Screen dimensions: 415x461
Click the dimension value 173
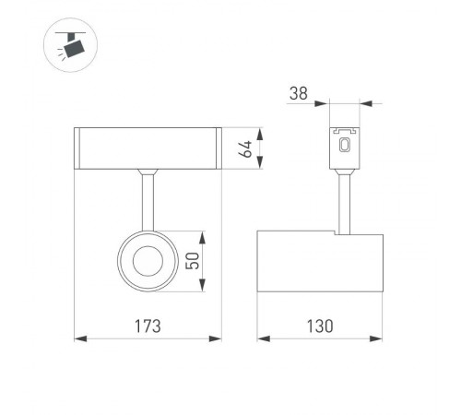[148, 326]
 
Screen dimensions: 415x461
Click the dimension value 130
[320, 326]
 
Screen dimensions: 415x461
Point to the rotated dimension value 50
[192, 261]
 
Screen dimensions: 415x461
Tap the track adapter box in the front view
[148, 147]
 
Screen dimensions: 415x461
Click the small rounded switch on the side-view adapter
[345, 145]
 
